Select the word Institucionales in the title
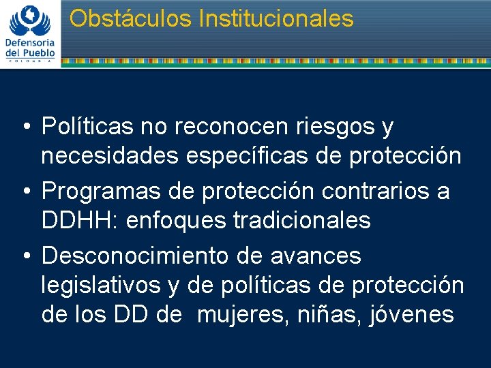(276, 18)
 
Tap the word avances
(316, 256)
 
